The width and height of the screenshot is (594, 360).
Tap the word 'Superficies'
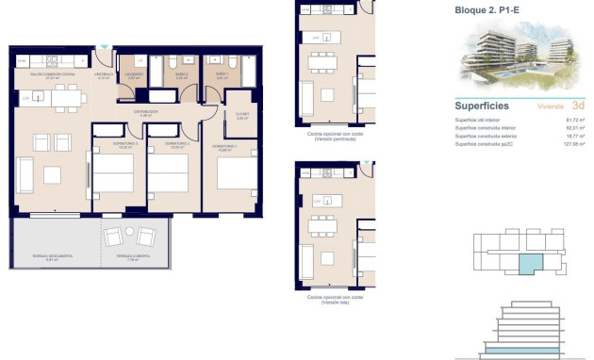483,106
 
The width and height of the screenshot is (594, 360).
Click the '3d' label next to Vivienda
578,106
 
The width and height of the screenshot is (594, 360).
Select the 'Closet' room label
241,117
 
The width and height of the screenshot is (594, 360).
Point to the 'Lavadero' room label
134,74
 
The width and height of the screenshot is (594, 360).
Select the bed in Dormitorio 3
113,174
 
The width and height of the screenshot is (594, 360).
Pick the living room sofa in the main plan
25,172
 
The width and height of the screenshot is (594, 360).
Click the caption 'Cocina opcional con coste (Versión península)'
334,137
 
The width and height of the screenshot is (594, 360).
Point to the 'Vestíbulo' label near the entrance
104,74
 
